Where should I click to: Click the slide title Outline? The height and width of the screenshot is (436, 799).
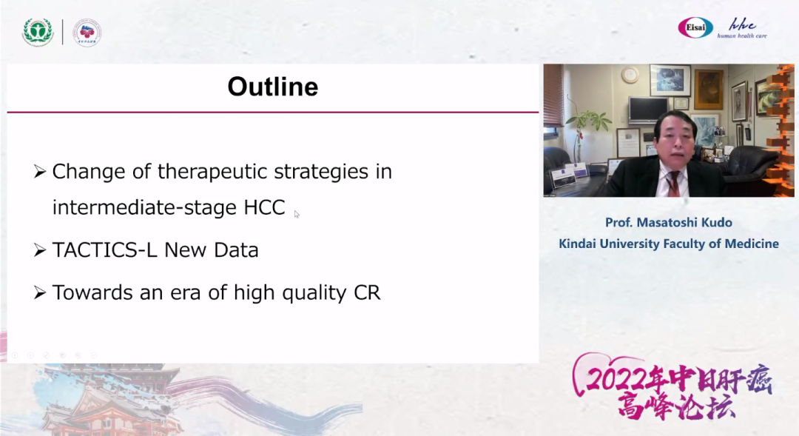(272, 86)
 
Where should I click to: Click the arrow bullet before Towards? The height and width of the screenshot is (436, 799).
(40, 292)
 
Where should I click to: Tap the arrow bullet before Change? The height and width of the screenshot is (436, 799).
(40, 171)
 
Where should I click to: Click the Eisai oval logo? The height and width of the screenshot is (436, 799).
(695, 27)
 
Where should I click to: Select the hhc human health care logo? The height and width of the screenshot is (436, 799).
(742, 29)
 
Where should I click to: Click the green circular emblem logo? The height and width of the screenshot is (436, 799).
(38, 32)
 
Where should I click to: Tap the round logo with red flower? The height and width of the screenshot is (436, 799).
(87, 33)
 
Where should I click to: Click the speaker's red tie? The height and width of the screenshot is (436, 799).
(673, 183)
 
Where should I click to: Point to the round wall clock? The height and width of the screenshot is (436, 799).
(630, 75)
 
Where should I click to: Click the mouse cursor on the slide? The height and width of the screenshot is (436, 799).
(297, 214)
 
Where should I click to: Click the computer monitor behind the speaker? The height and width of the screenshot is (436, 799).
(648, 110)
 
